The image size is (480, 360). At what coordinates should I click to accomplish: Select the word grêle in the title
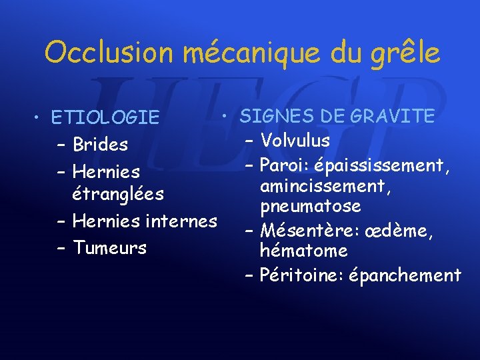tap(407, 52)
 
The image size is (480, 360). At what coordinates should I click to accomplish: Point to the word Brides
tap(101, 144)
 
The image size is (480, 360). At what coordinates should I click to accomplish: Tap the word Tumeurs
tap(109, 248)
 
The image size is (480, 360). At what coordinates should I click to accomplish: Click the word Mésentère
tap(300, 231)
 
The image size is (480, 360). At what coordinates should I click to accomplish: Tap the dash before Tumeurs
tap(61, 248)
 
